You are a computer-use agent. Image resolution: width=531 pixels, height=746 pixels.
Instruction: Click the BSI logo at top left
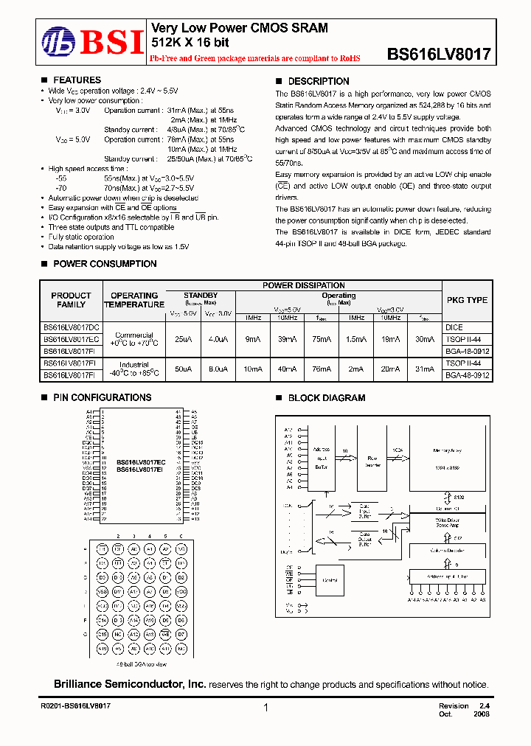click(92, 43)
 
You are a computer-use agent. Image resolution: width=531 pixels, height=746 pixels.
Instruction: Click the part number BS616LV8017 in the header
click(438, 54)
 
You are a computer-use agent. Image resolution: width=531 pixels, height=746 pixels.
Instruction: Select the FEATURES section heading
click(77, 80)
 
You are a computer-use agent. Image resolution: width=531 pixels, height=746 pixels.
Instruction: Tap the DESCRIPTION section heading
click(319, 81)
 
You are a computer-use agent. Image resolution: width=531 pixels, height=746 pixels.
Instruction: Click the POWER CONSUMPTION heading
click(105, 264)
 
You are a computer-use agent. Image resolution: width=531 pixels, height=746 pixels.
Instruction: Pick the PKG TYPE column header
click(467, 300)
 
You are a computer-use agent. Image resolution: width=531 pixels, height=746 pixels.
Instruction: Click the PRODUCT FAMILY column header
click(71, 300)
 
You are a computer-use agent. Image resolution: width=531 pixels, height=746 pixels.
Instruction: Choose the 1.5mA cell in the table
click(356, 339)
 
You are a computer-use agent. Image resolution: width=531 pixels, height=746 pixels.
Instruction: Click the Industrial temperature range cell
click(134, 369)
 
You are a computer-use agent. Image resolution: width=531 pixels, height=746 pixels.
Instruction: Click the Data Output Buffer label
click(364, 542)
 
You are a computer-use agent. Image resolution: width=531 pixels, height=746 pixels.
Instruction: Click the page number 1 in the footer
click(265, 708)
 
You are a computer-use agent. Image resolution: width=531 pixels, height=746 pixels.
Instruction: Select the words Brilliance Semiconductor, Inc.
click(130, 685)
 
